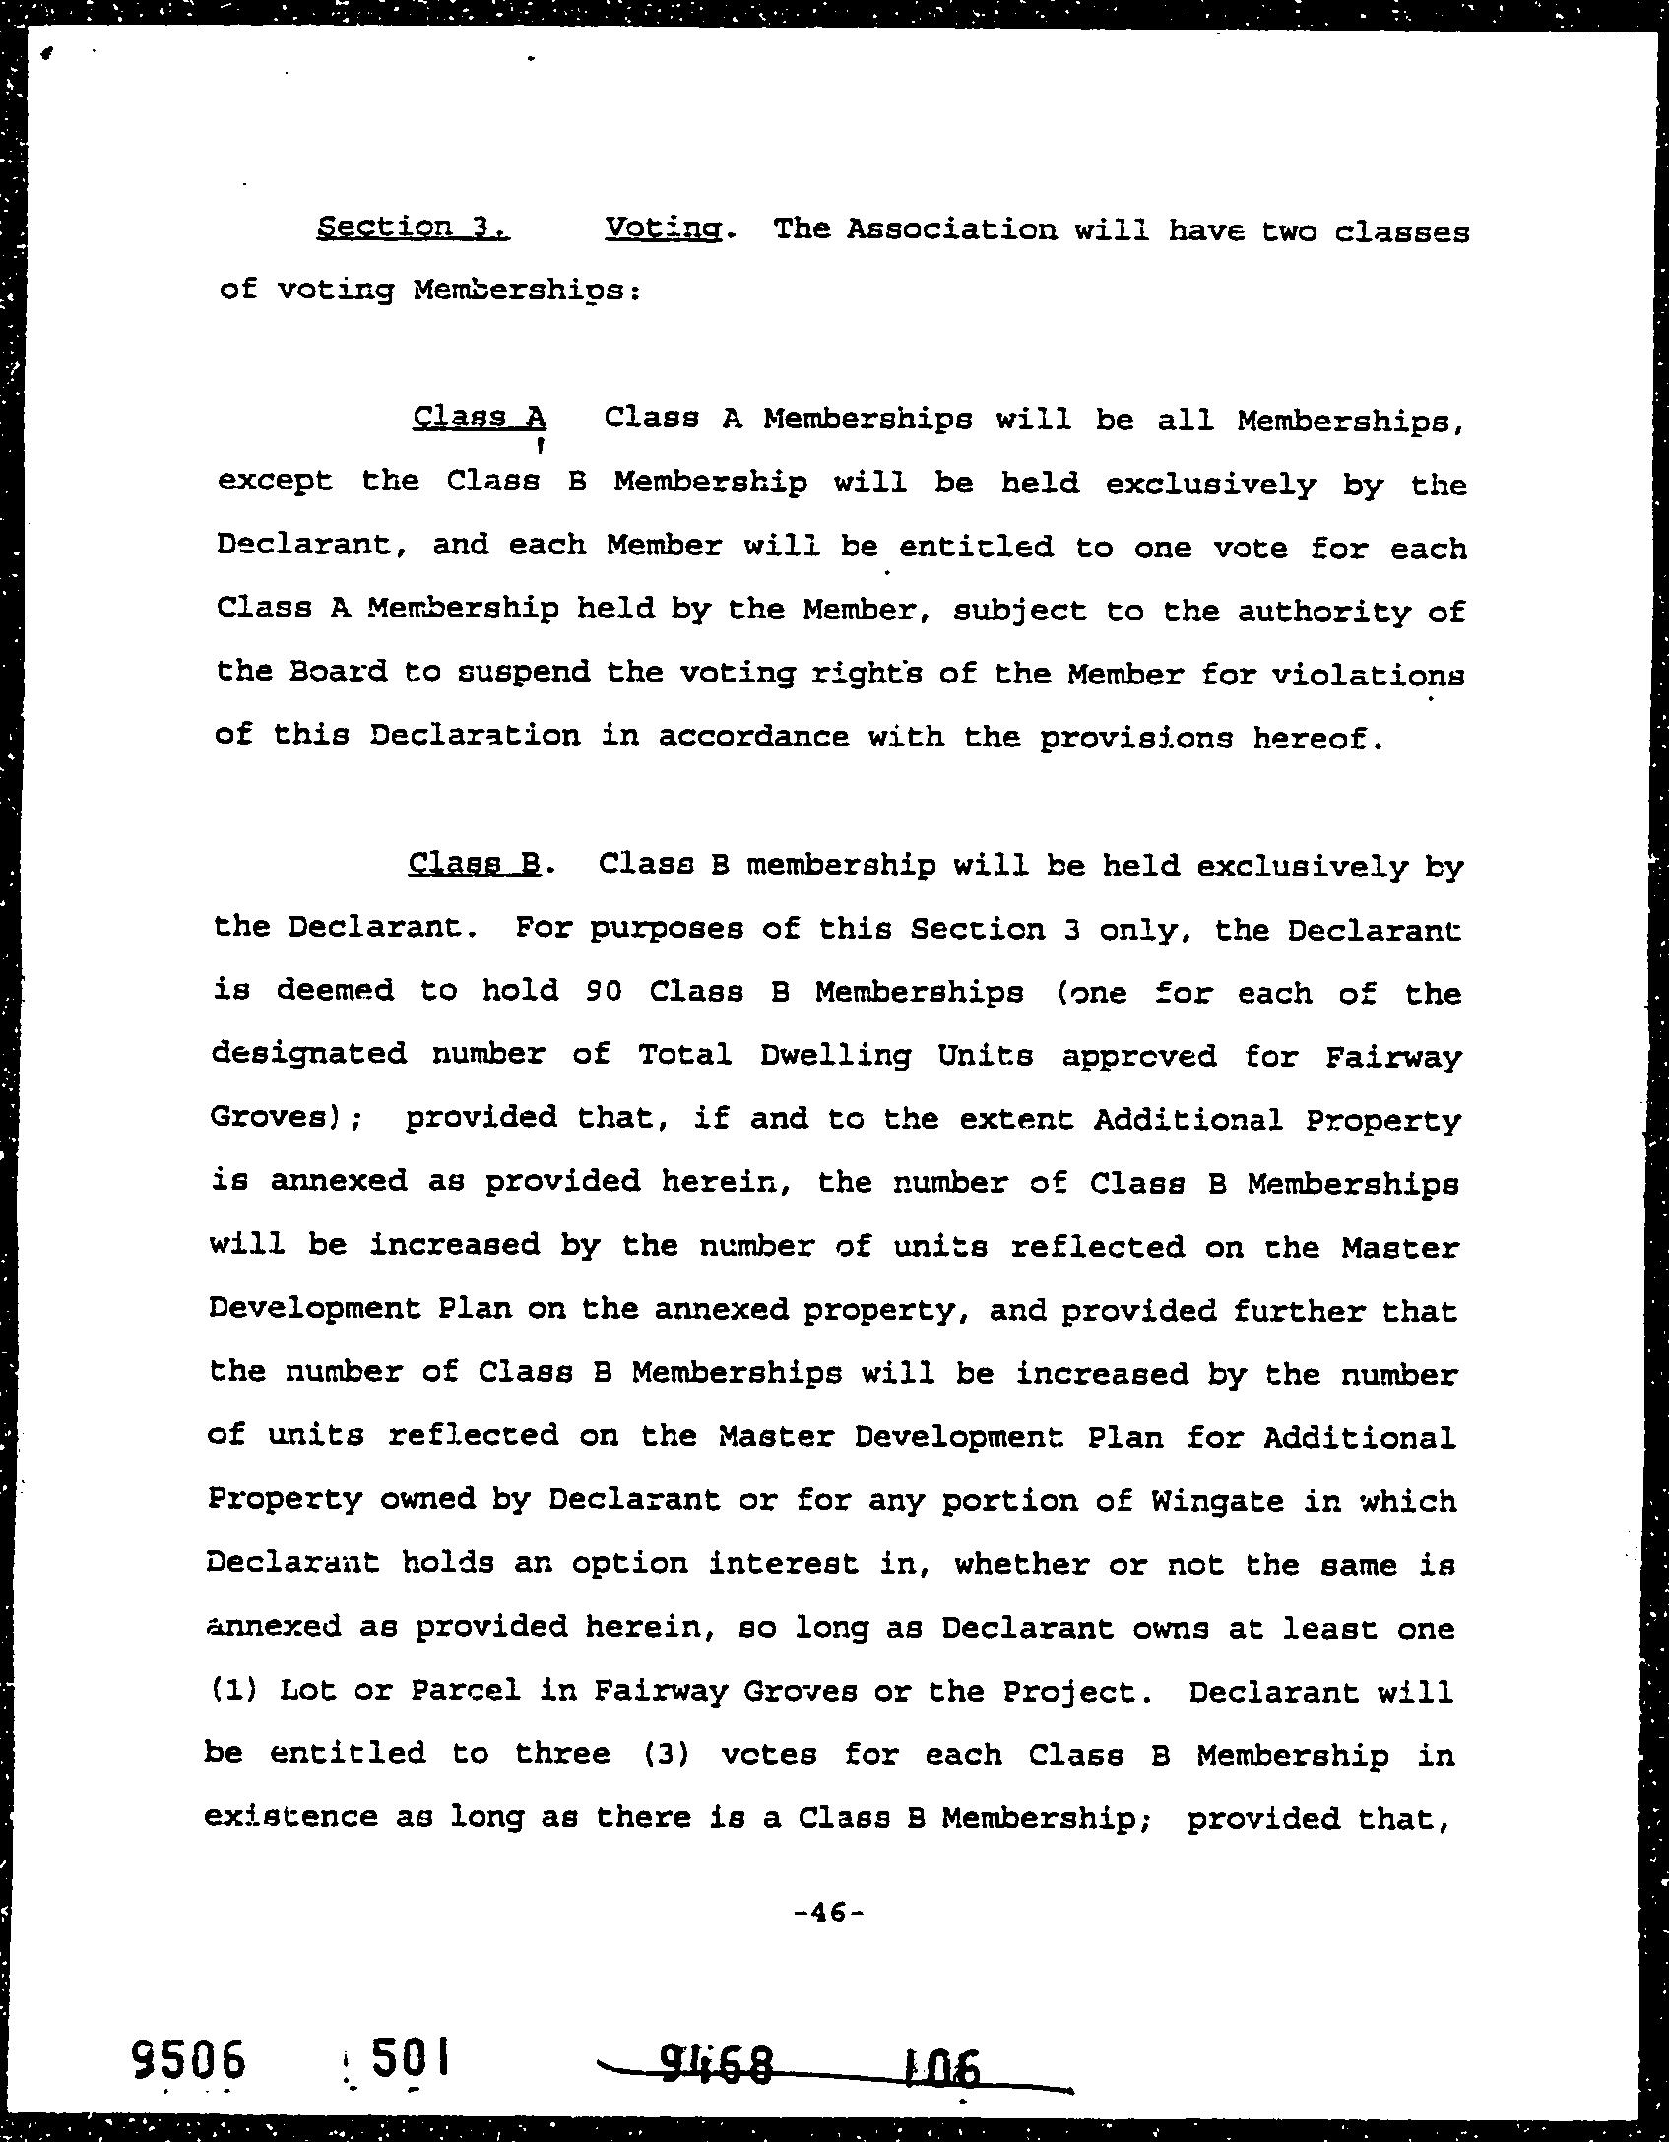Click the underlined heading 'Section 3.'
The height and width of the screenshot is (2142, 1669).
click(x=414, y=228)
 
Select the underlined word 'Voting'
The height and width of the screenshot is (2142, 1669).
click(x=664, y=228)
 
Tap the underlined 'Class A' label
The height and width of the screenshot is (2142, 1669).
click(x=480, y=418)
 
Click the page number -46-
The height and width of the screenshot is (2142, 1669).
click(x=828, y=1913)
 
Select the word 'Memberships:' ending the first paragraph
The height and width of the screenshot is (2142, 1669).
click(x=527, y=291)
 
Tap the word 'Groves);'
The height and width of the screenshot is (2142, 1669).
click(x=287, y=1119)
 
